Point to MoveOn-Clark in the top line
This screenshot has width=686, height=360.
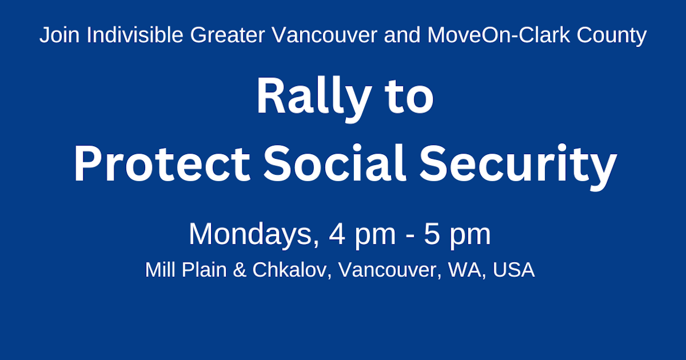[488, 36]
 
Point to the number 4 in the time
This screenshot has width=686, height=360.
[336, 234]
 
